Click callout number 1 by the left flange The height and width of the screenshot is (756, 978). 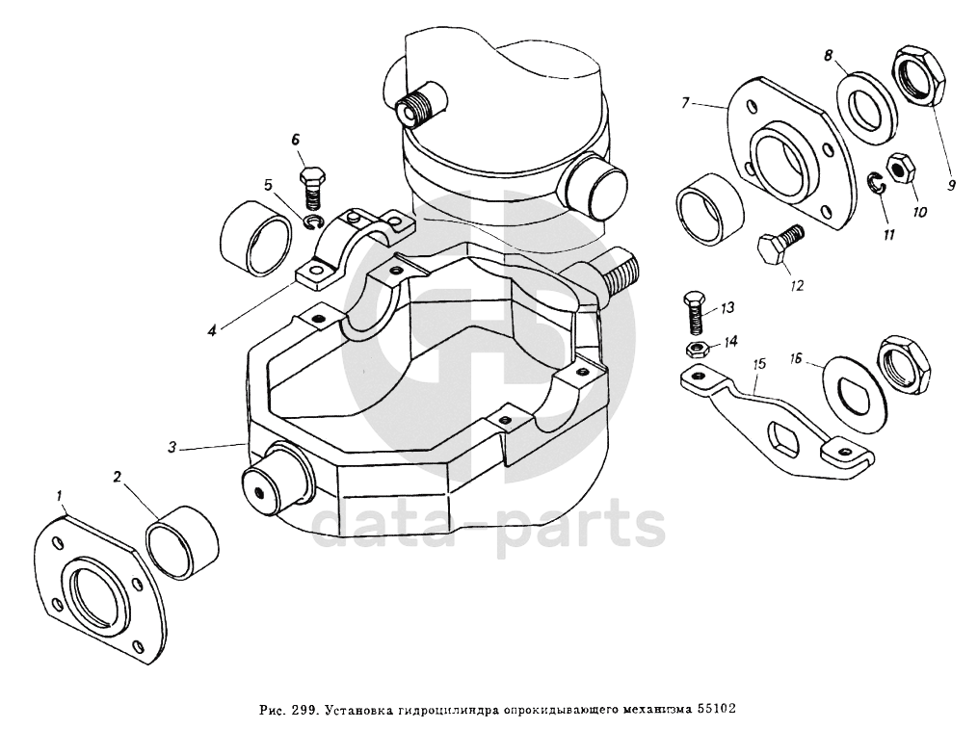tap(60, 498)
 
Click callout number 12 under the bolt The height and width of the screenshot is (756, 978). tap(797, 285)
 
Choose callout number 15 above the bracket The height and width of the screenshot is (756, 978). tap(759, 365)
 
